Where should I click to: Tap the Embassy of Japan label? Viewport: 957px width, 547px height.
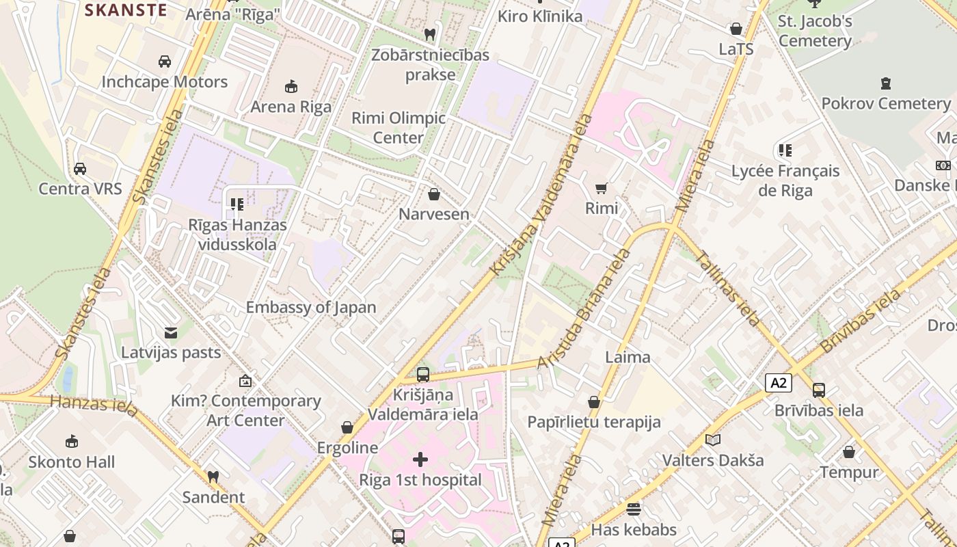pyautogui.click(x=311, y=308)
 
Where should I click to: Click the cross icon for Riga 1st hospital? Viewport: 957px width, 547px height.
pyautogui.click(x=420, y=459)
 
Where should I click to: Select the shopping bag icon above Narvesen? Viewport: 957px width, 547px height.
pyautogui.click(x=433, y=195)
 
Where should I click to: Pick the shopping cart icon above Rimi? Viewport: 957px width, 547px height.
pyautogui.click(x=601, y=189)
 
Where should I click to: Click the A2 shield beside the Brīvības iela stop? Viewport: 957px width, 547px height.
pyautogui.click(x=779, y=383)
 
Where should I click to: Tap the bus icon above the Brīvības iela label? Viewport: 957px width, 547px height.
pyautogui.click(x=818, y=390)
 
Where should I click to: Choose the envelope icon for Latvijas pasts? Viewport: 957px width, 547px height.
pyautogui.click(x=171, y=333)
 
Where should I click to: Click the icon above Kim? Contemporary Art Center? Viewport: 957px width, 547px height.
pyautogui.click(x=245, y=381)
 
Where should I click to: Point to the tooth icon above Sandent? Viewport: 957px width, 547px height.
pyautogui.click(x=213, y=477)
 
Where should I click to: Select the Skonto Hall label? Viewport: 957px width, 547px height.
pyautogui.click(x=72, y=462)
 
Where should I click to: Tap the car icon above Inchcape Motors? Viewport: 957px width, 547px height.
pyautogui.click(x=164, y=62)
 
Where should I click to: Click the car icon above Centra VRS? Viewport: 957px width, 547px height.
pyautogui.click(x=80, y=169)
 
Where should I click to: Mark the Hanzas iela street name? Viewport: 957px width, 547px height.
pyautogui.click(x=94, y=404)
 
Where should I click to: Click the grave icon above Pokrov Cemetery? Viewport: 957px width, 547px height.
pyautogui.click(x=886, y=84)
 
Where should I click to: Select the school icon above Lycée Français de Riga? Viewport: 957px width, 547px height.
pyautogui.click(x=785, y=150)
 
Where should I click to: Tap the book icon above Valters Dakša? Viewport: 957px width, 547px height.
pyautogui.click(x=713, y=440)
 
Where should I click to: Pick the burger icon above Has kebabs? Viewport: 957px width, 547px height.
pyautogui.click(x=634, y=509)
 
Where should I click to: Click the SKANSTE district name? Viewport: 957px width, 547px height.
pyautogui.click(x=126, y=10)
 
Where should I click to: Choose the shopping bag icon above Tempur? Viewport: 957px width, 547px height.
pyautogui.click(x=848, y=452)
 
